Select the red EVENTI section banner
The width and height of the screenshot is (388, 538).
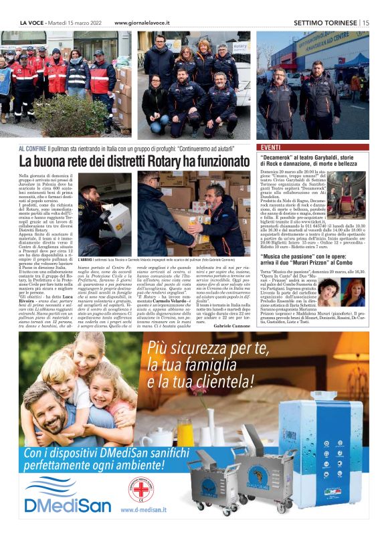271,147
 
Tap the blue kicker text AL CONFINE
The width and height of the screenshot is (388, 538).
31,147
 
